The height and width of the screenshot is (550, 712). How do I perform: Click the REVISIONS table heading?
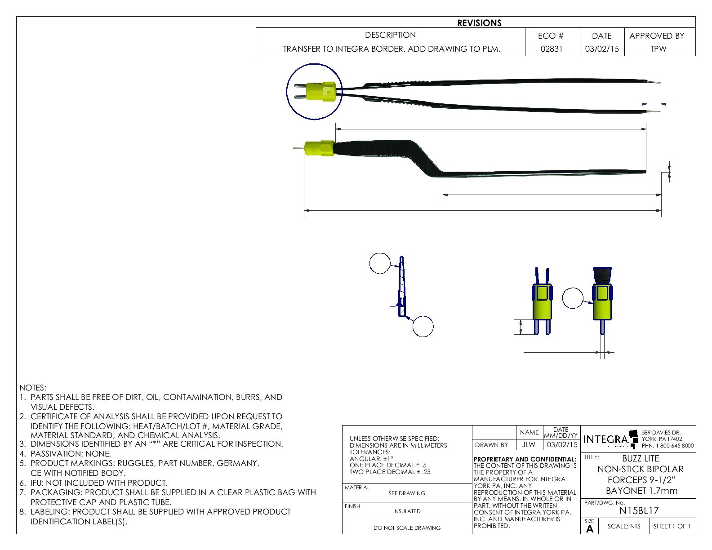pyautogui.click(x=479, y=23)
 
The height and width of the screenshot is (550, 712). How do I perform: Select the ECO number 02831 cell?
pyautogui.click(x=552, y=49)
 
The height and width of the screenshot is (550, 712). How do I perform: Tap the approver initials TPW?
pyautogui.click(x=659, y=49)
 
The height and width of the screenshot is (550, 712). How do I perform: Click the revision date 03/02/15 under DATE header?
pyautogui.click(x=602, y=49)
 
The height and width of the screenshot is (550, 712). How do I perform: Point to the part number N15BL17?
pyautogui.click(x=639, y=511)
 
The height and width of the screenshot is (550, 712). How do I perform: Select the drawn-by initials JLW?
pyautogui.click(x=529, y=445)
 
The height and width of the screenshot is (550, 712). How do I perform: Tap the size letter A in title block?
pyautogui.click(x=590, y=529)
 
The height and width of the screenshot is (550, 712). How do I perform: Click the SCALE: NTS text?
pyautogui.click(x=624, y=526)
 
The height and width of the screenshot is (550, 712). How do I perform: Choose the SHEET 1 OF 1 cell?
pyautogui.click(x=672, y=526)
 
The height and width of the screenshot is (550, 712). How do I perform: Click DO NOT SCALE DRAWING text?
pyautogui.click(x=407, y=528)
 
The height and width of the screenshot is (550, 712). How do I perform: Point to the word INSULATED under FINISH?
pyautogui.click(x=407, y=511)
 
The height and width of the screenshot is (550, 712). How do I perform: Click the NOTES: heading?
pyautogui.click(x=33, y=388)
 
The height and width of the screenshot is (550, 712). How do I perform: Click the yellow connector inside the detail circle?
pyautogui.click(x=320, y=92)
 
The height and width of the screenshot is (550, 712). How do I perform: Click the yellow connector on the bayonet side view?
pyautogui.click(x=319, y=149)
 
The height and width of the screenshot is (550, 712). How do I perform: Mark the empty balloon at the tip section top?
pyautogui.click(x=380, y=263)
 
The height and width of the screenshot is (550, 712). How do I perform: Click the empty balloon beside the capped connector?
pyautogui.click(x=573, y=298)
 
